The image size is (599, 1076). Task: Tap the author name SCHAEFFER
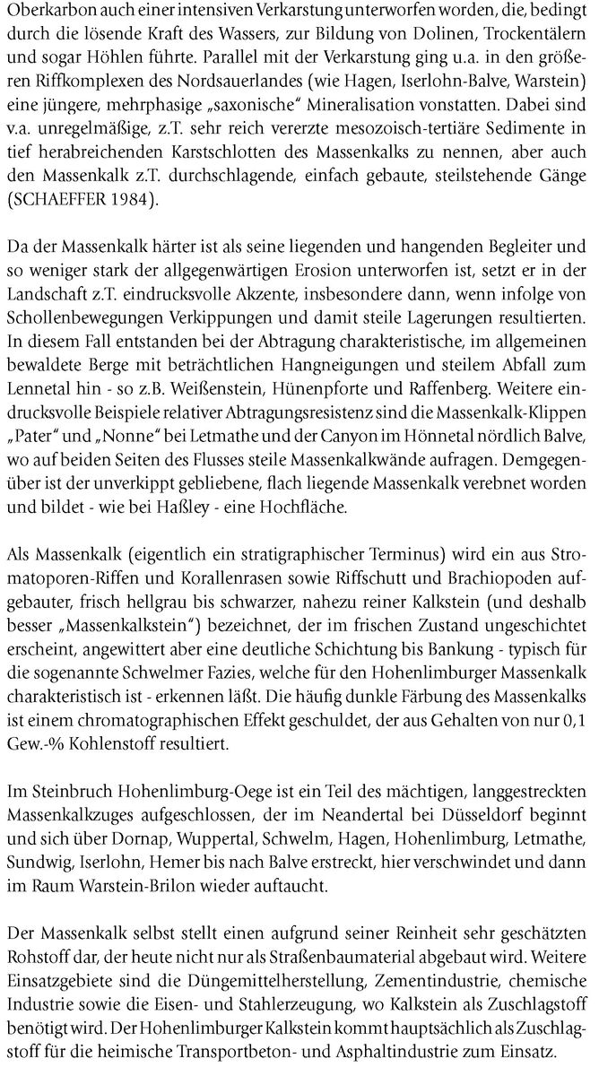pyautogui.click(x=58, y=201)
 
